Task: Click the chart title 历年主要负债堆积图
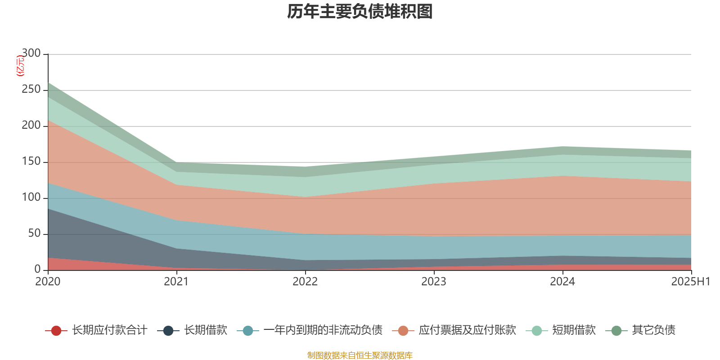[360, 12]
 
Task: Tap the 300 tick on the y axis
[31, 54]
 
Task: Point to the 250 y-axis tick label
[31, 90]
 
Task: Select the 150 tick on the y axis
[31, 162]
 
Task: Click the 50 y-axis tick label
[34, 234]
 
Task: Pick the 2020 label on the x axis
[48, 282]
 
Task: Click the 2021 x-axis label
[176, 282]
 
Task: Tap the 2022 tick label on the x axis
[305, 282]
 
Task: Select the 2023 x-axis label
[434, 282]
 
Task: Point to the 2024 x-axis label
[562, 282]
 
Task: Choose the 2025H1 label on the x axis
[690, 282]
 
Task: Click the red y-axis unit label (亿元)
[20, 66]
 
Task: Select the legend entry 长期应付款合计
[109, 330]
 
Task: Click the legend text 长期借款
[206, 330]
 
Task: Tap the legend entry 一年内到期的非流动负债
[323, 330]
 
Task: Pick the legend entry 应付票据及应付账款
[467, 330]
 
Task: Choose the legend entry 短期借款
[574, 330]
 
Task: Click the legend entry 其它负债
[653, 330]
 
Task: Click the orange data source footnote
[360, 355]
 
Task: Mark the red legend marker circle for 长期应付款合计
[56, 331]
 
